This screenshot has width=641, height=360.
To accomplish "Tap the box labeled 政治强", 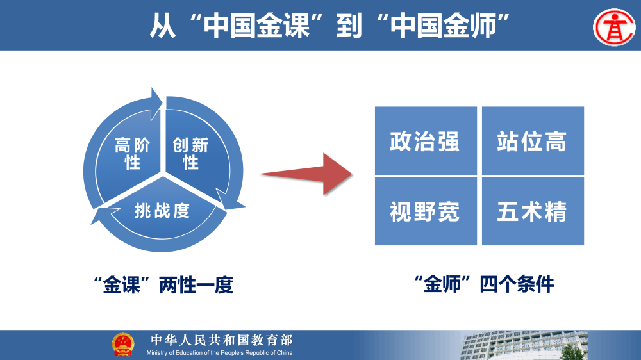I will pyautogui.click(x=426, y=141).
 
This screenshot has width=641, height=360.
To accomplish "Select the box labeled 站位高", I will pyautogui.click(x=533, y=141).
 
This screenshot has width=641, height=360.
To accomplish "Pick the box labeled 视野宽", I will pyautogui.click(x=426, y=211).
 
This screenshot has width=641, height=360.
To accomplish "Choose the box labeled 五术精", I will pyautogui.click(x=533, y=211).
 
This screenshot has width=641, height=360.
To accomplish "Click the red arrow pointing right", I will pyautogui.click(x=306, y=173).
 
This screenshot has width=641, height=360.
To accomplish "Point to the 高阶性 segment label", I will pyautogui.click(x=133, y=154).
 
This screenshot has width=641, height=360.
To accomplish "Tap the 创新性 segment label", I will pyautogui.click(x=190, y=154).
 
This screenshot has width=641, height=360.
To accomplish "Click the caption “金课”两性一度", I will pyautogui.click(x=163, y=285).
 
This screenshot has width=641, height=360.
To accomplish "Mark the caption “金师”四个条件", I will pyautogui.click(x=484, y=284).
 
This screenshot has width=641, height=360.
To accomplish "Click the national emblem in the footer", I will pyautogui.click(x=123, y=345).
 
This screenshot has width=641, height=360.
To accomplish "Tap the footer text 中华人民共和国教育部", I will pyautogui.click(x=221, y=340).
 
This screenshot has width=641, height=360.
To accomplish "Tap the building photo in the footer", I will pyautogui.click(x=545, y=347).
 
